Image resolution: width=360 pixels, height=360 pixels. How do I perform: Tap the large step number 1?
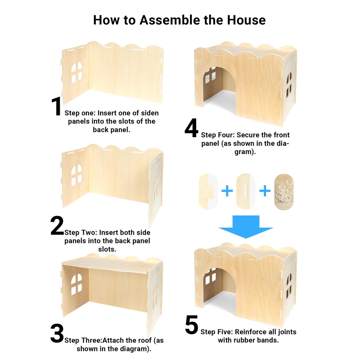coord(56,106)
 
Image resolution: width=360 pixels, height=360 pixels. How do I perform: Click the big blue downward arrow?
coord(246,226)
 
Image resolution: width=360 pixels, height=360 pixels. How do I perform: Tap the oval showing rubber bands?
coord(284,192)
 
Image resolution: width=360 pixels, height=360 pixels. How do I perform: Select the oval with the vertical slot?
coord(246,192)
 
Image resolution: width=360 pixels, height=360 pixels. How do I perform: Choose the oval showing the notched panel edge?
coord(208,192)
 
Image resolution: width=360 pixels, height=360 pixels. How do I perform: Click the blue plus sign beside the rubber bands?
coord(265,191)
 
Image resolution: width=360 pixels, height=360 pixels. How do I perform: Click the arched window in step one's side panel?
coord(77,72)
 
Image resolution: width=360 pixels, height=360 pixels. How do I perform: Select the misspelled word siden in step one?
coord(150,113)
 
